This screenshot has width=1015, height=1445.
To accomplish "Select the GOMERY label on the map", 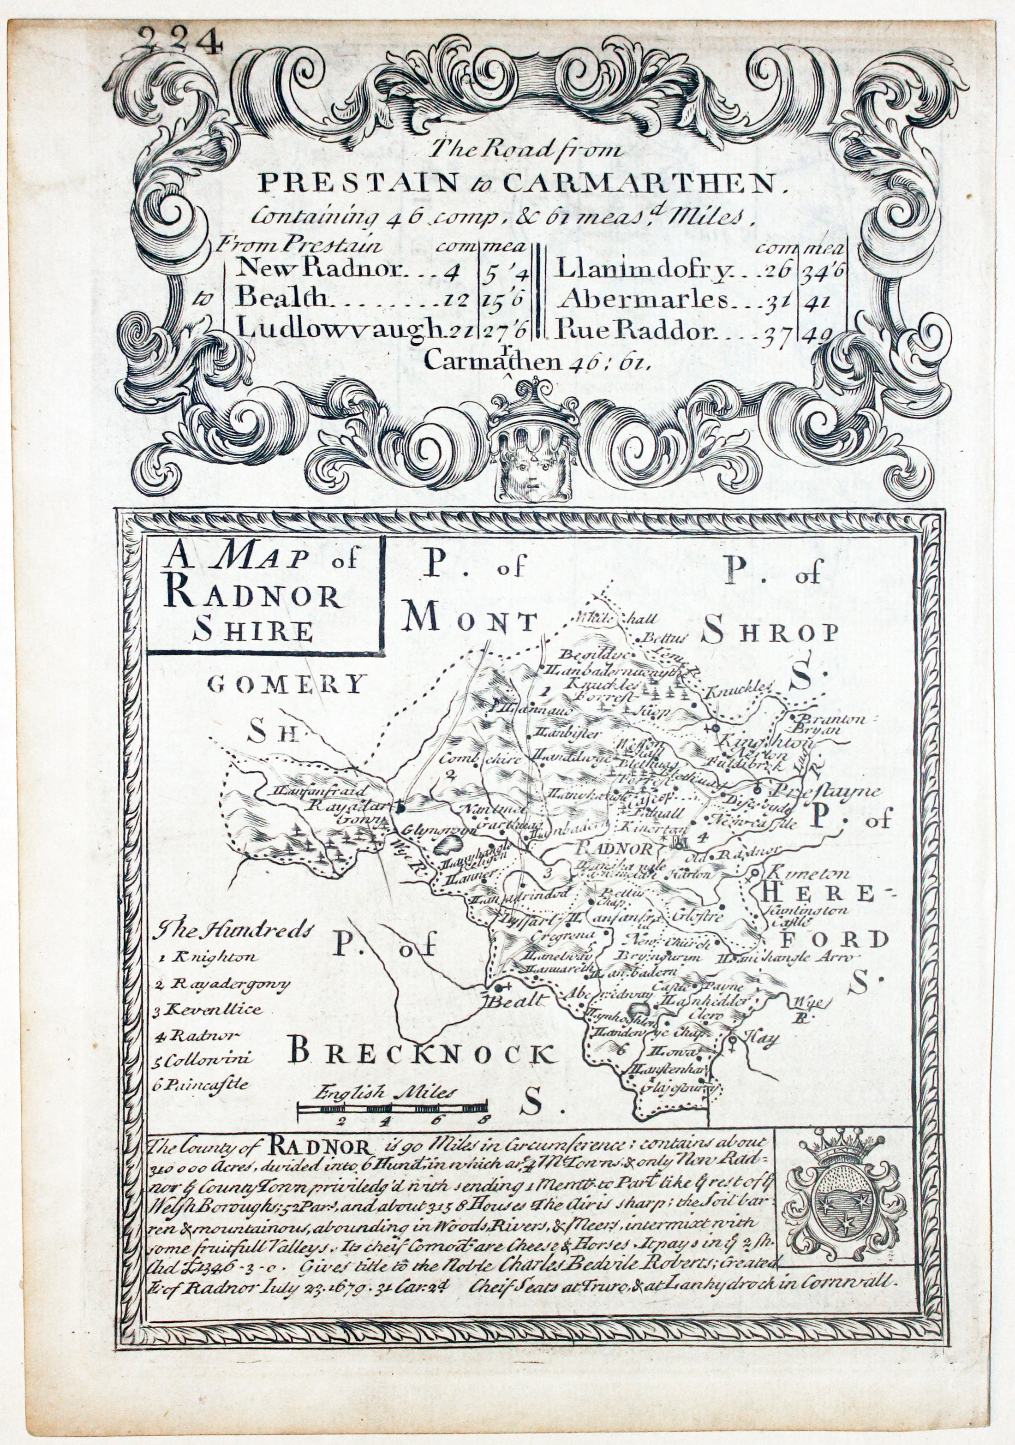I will pyautogui.click(x=287, y=683).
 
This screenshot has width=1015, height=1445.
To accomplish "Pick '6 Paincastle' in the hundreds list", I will pyautogui.click(x=201, y=1084).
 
